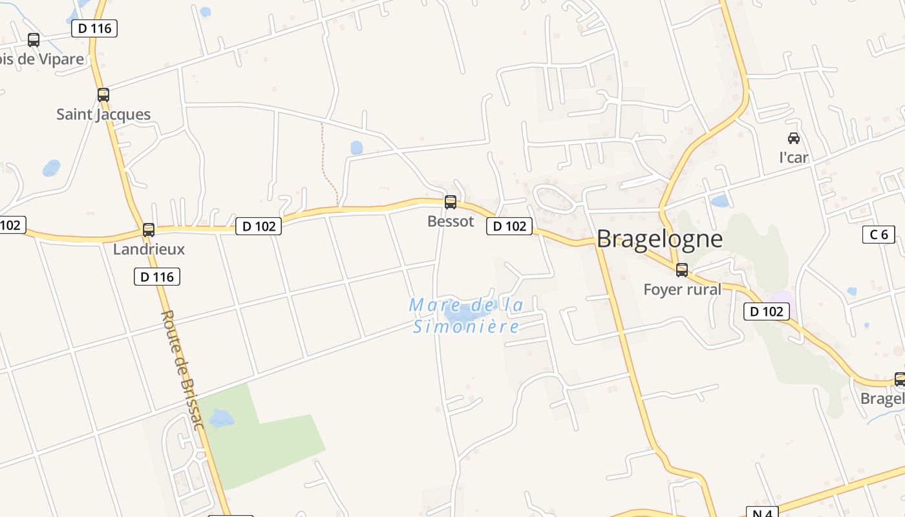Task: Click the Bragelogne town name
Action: (x=659, y=239)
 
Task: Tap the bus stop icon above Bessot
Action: (x=451, y=202)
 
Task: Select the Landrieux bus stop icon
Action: (x=149, y=230)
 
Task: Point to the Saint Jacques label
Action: (x=103, y=115)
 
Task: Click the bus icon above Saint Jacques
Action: (x=103, y=95)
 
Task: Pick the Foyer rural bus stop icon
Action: (x=682, y=270)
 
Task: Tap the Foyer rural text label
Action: (x=682, y=290)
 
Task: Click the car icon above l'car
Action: (x=794, y=138)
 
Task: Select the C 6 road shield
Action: (x=878, y=235)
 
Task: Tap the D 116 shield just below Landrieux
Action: (x=156, y=277)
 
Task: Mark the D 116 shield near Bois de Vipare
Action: (x=94, y=28)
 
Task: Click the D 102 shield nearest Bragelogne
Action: (x=509, y=226)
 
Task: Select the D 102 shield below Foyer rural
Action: (x=767, y=311)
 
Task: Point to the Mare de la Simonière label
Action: (x=466, y=315)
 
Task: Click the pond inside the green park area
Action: (x=222, y=419)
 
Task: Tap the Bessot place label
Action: (x=451, y=222)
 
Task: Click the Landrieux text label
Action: (x=149, y=249)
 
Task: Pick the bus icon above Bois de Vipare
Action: (x=34, y=40)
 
